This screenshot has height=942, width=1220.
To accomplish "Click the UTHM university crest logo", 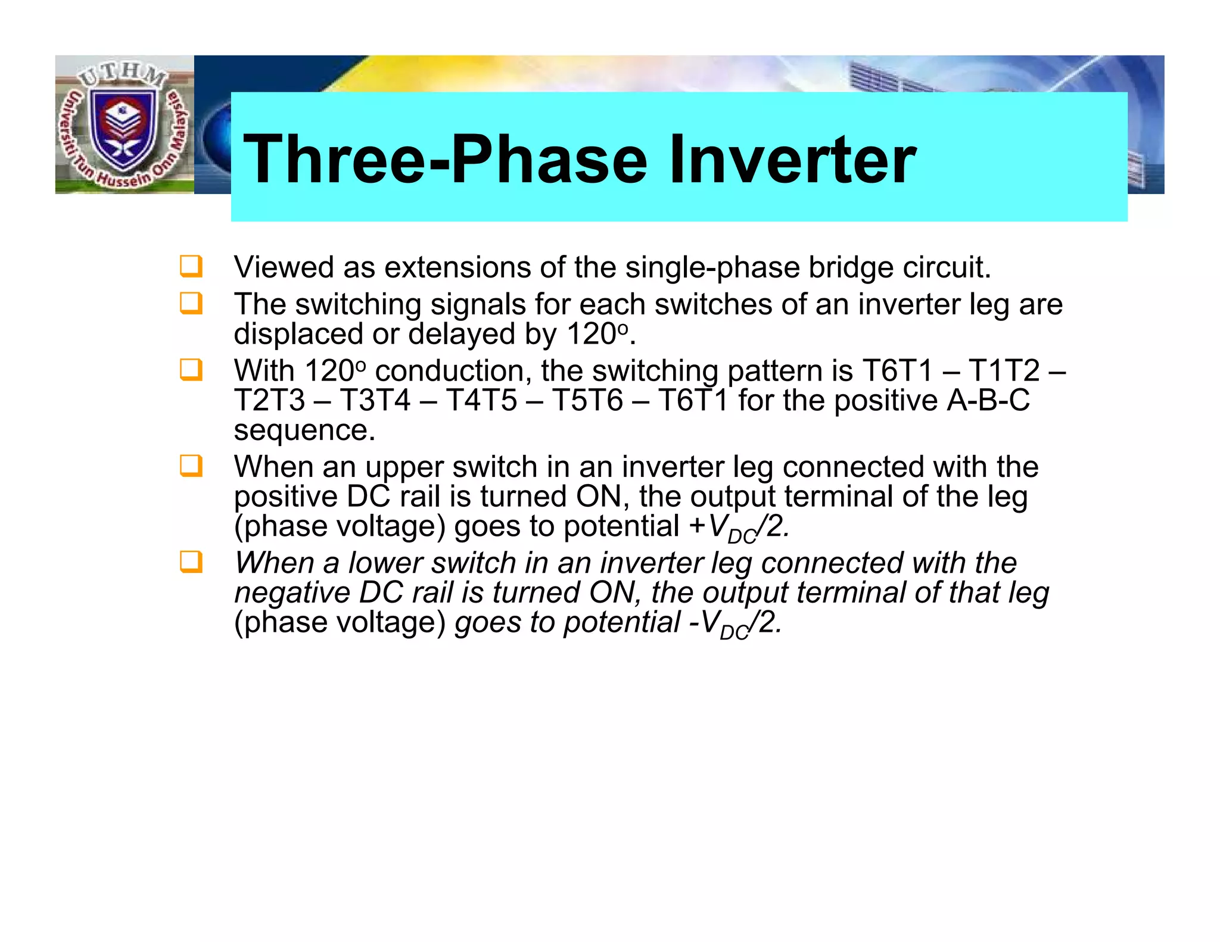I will click(x=124, y=125).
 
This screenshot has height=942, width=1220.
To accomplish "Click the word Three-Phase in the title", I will click(x=444, y=160).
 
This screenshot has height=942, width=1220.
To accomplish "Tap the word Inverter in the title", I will click(x=792, y=160).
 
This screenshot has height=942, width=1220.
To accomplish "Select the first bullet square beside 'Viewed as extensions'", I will click(x=191, y=266).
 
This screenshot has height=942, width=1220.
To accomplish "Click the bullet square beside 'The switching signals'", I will click(x=191, y=303).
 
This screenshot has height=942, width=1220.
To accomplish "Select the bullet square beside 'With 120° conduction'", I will click(x=191, y=370).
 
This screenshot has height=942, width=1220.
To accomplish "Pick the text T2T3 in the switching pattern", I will click(x=269, y=400).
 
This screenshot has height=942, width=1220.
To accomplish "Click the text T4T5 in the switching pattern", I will click(x=481, y=400).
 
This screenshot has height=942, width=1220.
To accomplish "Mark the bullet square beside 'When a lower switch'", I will click(x=191, y=562).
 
